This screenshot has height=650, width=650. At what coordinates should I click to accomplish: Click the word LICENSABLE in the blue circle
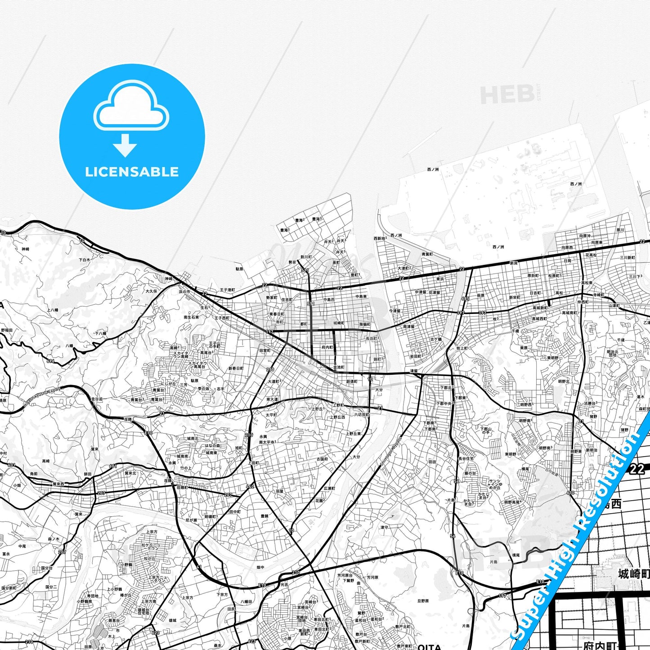point(132,171)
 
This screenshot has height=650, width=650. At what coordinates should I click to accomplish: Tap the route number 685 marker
point(466,299)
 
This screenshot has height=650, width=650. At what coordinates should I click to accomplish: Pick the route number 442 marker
point(250,486)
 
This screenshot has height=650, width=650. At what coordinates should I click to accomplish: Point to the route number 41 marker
point(199,567)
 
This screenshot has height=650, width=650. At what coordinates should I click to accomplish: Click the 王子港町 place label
point(227,290)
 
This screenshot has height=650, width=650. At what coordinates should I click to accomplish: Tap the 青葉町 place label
point(427,254)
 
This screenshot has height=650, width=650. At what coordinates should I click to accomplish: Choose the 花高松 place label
point(591,255)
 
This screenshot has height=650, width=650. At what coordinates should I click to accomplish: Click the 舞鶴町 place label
point(365,324)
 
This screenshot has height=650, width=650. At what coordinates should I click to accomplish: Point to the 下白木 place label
point(85,260)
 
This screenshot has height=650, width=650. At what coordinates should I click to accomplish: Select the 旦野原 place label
point(423,601)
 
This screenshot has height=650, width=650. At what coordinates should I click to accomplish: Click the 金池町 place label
point(339,368)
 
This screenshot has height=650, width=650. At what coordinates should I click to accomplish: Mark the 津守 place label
point(384,527)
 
